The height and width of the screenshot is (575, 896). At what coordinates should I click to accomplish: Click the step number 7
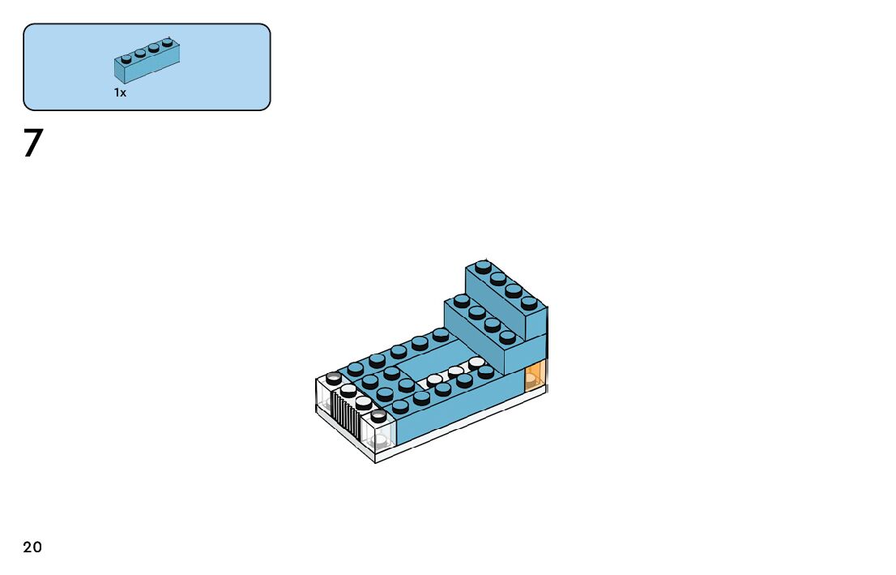(x=32, y=144)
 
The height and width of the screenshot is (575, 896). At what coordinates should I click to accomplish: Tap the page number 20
(x=32, y=547)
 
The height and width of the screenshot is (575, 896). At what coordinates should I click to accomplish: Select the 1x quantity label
(x=120, y=93)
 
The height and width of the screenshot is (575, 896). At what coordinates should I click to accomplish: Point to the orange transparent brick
(x=535, y=378)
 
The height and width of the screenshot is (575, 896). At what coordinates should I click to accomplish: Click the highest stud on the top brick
(x=483, y=265)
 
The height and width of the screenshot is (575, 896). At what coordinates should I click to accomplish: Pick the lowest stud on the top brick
(x=529, y=303)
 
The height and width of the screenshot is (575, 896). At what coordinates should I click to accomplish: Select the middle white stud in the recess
(x=455, y=371)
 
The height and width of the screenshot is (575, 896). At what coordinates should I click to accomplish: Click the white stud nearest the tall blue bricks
(x=476, y=363)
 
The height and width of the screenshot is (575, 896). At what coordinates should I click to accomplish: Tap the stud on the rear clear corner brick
(x=334, y=377)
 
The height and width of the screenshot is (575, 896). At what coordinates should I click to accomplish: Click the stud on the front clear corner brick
(x=378, y=416)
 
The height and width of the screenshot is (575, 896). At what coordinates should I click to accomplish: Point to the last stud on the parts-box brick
(x=168, y=41)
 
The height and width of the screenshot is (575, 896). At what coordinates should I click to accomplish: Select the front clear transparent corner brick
(x=379, y=432)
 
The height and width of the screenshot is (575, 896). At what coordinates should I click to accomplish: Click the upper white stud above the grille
(x=348, y=390)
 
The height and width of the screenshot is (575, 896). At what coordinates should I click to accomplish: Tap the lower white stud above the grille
(x=364, y=401)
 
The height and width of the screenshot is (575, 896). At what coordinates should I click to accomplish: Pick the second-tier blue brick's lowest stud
(x=507, y=337)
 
